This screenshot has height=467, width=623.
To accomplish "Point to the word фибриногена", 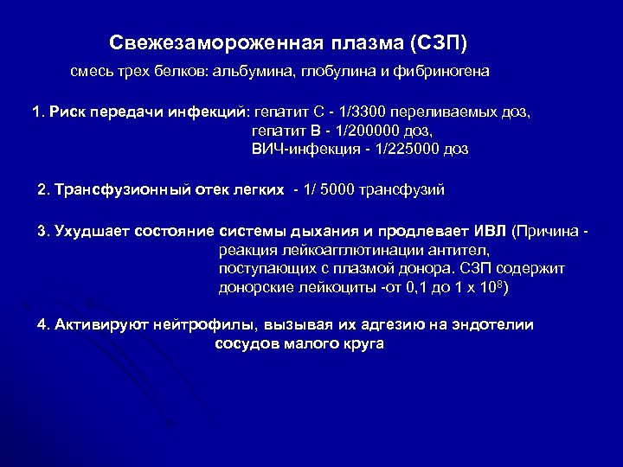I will [444, 73].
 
